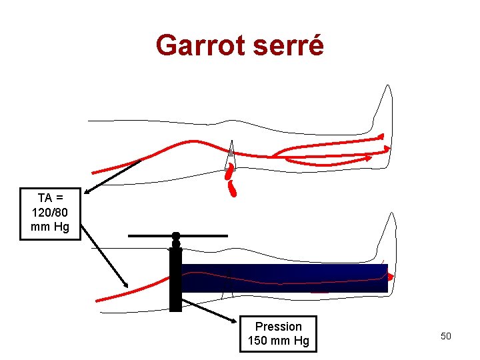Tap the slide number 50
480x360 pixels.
pyautogui.click(x=445, y=336)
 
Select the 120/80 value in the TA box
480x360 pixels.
pyautogui.click(x=50, y=213)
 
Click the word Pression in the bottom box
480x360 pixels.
pyautogui.click(x=278, y=327)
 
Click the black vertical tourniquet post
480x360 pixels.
pyautogui.click(x=175, y=280)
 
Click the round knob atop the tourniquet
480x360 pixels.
pyautogui.click(x=176, y=236)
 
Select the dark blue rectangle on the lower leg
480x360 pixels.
pyautogui.click(x=287, y=277)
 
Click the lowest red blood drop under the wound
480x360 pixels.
pyautogui.click(x=233, y=190)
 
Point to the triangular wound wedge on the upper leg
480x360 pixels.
pyautogui.click(x=231, y=157)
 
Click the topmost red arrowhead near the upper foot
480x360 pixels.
pyautogui.click(x=381, y=136)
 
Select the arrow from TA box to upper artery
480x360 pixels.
pyautogui.click(x=113, y=175)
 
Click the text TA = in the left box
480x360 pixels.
pyautogui.click(x=50, y=198)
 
